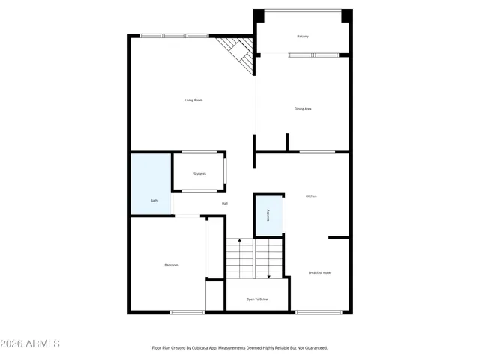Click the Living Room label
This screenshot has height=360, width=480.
(x=194, y=100)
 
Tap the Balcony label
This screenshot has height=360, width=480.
(x=303, y=36)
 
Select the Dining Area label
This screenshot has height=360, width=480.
(x=303, y=109)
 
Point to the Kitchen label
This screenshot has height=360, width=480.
(x=310, y=196)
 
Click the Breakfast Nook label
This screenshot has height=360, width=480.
(x=319, y=272)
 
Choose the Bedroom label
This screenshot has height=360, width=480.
(x=171, y=265)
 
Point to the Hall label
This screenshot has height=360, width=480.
(x=224, y=204)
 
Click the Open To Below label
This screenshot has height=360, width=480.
(x=257, y=299)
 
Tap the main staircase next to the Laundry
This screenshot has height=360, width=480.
(x=254, y=257)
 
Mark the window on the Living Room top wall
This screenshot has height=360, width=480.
(x=175, y=35)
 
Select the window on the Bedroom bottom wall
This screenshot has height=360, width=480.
(x=187, y=312)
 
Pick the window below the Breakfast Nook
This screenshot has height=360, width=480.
(x=319, y=312)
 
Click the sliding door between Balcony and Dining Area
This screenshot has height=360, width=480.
(x=313, y=55)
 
